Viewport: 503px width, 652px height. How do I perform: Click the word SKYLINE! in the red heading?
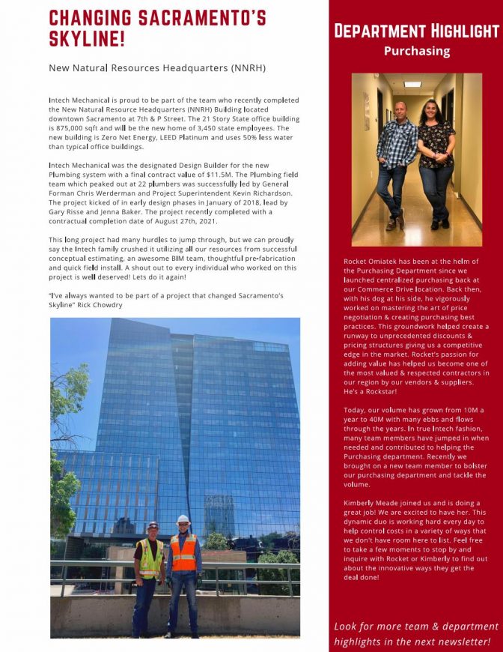(x=87, y=39)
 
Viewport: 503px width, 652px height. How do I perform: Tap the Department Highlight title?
(x=416, y=31)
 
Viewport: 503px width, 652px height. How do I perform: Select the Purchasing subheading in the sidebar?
(x=416, y=51)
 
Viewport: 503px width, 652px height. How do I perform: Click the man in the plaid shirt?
(x=395, y=157)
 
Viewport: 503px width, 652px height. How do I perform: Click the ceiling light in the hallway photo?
(x=412, y=84)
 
